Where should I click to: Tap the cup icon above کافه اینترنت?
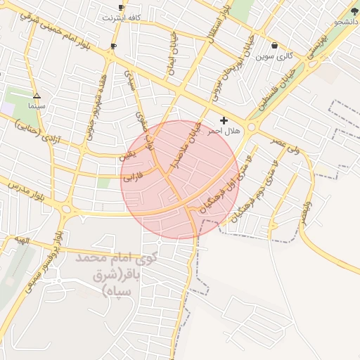coord(121,7)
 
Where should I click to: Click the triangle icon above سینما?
coord(37,96)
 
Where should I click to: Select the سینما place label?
coord(37,105)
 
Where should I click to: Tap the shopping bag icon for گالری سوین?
coord(274,46)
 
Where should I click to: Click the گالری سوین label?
coord(274,55)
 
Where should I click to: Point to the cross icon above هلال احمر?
coord(224,121)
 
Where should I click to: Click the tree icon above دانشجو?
coord(354,13)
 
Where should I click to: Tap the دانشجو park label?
coord(346,22)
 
